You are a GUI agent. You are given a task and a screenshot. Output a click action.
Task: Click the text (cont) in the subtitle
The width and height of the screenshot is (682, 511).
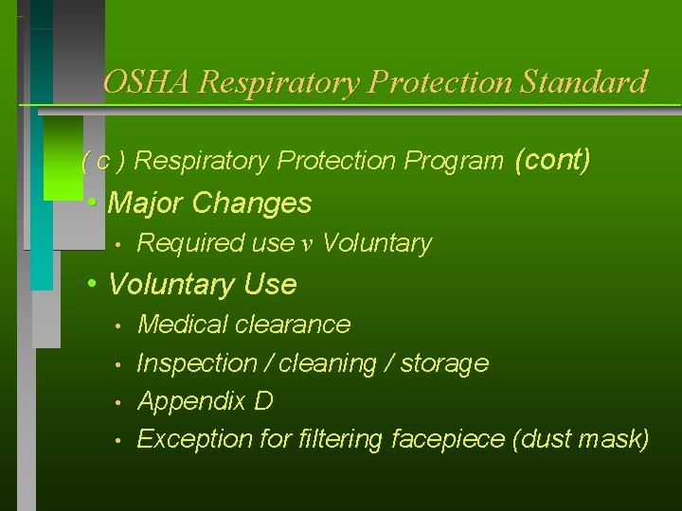tap(552, 160)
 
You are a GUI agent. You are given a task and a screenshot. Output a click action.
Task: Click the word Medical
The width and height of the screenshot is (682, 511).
tap(180, 325)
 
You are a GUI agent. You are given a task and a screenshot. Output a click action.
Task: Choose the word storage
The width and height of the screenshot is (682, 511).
tap(444, 363)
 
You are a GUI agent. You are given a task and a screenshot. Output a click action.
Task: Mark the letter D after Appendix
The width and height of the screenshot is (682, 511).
tap(264, 401)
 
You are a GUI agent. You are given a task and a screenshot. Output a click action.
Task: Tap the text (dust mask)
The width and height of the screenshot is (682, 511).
tap(579, 439)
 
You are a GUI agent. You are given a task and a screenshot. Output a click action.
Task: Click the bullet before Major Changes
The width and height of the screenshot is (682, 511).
tap(92, 203)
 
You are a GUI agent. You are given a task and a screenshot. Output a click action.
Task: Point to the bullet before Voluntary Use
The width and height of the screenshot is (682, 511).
tap(92, 284)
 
